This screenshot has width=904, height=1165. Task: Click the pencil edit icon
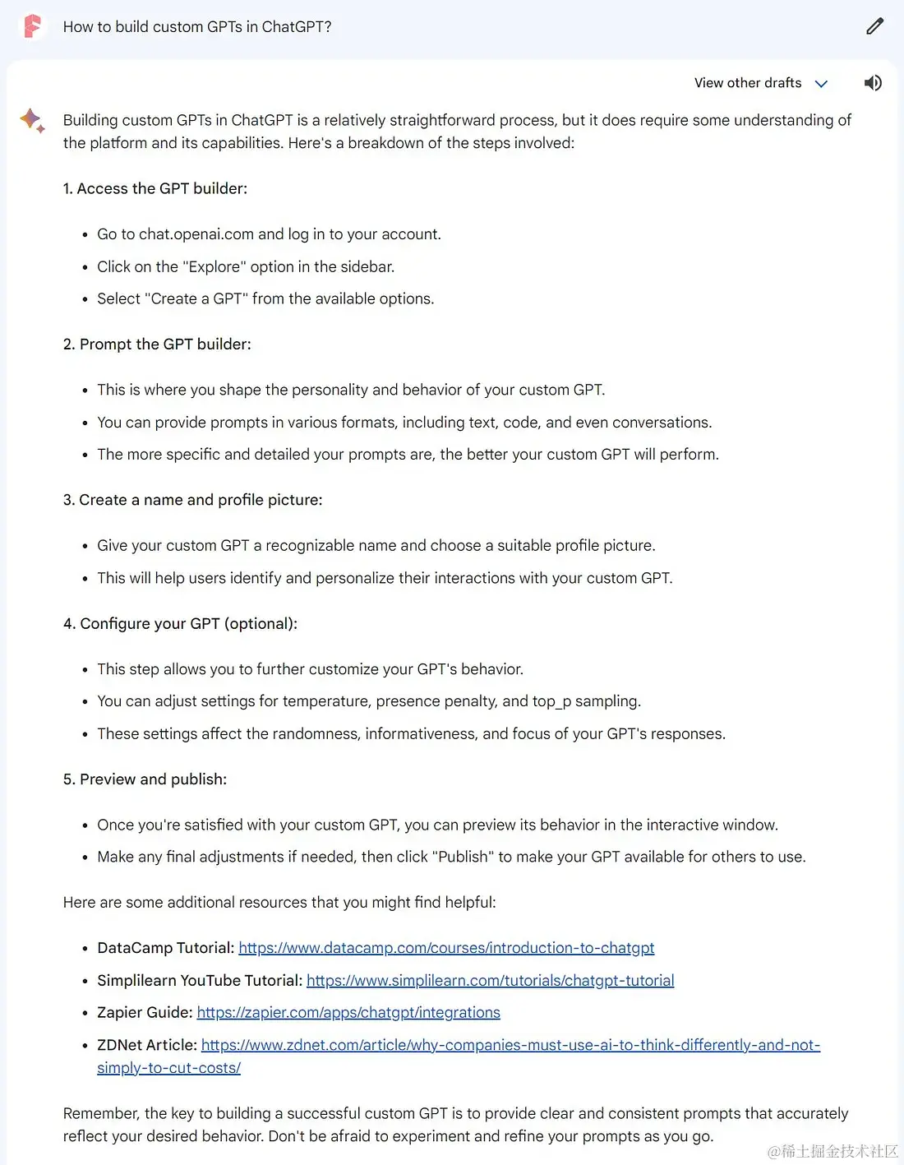tap(874, 26)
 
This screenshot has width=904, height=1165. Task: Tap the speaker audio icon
tap(873, 83)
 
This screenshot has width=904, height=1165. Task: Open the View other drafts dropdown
tap(760, 83)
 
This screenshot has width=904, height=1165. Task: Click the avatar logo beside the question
tap(32, 26)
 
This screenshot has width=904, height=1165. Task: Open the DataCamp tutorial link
tap(446, 948)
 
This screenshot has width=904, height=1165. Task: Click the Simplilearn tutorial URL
tap(490, 980)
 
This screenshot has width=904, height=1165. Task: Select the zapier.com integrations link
tap(348, 1012)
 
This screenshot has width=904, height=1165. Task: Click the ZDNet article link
tap(510, 1045)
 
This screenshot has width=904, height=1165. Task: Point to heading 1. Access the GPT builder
tap(155, 188)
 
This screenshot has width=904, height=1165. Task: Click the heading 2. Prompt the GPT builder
tap(157, 344)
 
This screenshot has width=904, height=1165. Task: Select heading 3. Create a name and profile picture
tap(192, 500)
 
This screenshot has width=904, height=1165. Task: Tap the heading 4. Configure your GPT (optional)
tap(180, 623)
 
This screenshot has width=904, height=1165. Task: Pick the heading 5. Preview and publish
tap(145, 779)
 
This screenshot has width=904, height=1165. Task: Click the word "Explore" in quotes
tap(214, 266)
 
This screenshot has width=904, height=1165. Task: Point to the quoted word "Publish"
tap(464, 857)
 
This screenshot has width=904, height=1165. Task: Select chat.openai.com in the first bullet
tap(196, 234)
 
